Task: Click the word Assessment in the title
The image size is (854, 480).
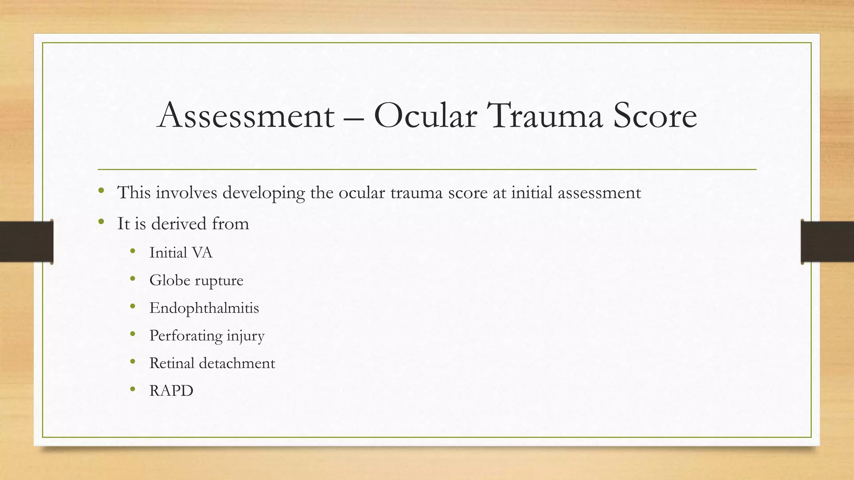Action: (x=246, y=115)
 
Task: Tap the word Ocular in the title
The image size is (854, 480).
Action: (x=425, y=115)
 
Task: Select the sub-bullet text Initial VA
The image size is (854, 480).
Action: (x=181, y=252)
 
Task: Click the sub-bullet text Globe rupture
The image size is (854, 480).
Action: (x=196, y=280)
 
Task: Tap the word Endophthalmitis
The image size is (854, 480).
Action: (x=204, y=308)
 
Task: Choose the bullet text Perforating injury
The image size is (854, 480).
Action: (x=207, y=336)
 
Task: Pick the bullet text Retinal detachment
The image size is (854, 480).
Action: (x=212, y=363)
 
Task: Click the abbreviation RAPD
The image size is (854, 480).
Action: (x=171, y=391)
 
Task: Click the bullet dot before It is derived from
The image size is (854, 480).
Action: (x=101, y=222)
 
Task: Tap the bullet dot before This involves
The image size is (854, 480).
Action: (x=101, y=191)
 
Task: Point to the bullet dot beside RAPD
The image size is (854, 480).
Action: (x=133, y=390)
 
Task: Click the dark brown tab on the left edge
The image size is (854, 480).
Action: (x=26, y=242)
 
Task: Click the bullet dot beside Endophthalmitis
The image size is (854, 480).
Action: (x=133, y=307)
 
